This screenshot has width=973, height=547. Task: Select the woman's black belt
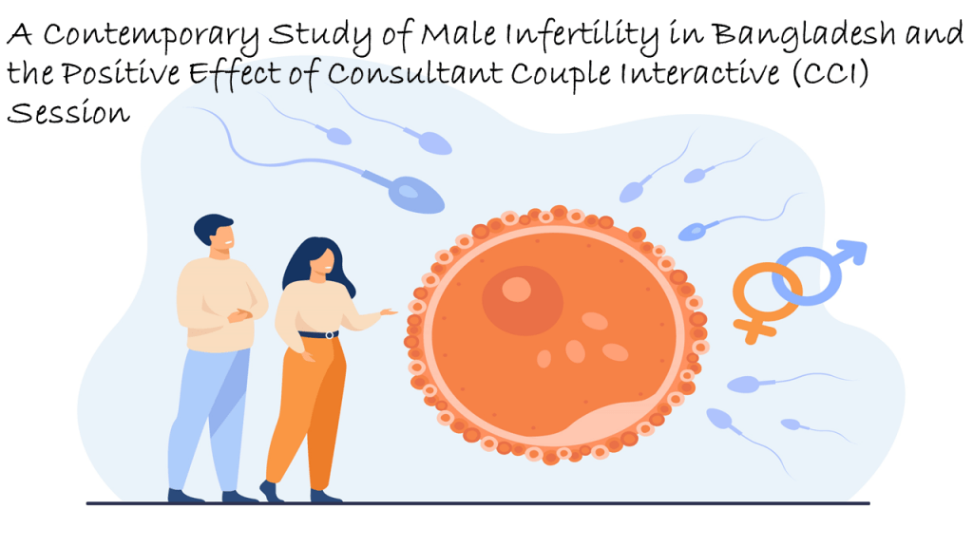point(318,334)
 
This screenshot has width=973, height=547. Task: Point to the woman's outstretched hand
point(388,311)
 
